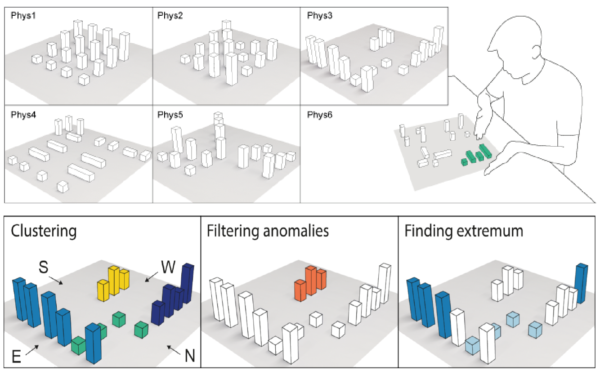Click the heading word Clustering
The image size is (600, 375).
point(44,231)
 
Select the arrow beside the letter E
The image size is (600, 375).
point(31,350)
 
